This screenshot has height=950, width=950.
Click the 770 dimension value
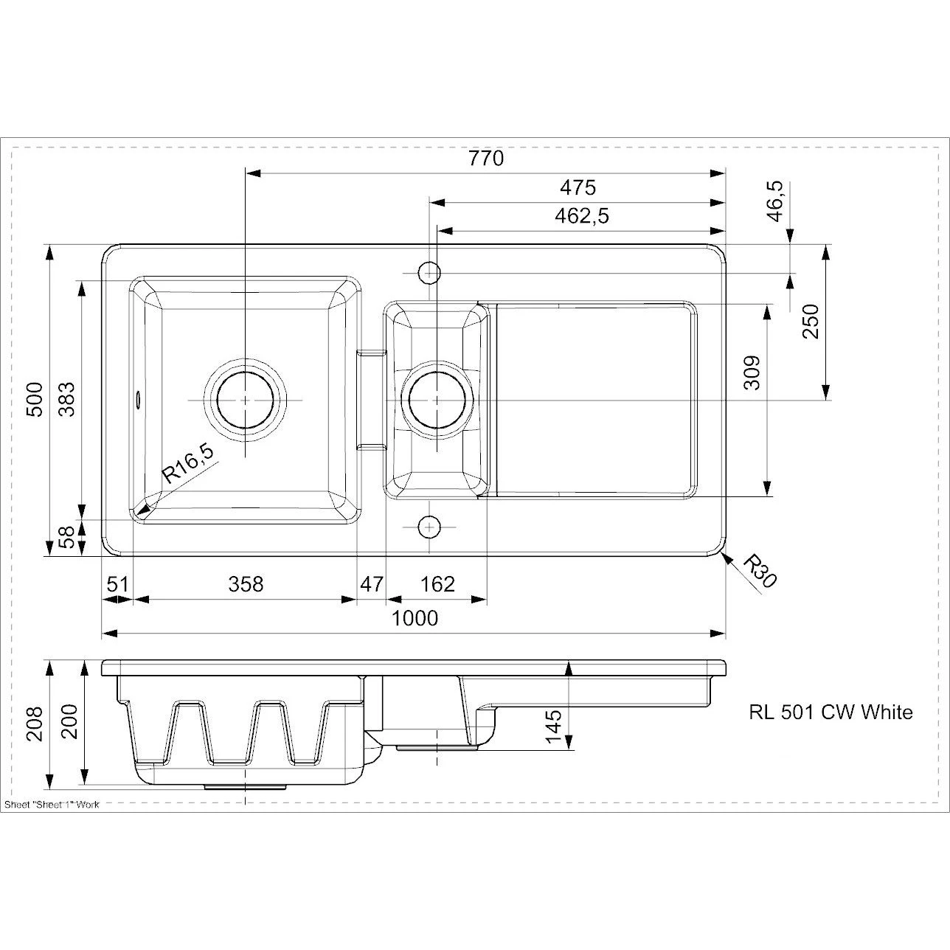point(485,159)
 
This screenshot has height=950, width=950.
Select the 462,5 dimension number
point(581,216)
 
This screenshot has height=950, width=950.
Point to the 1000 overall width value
point(414,618)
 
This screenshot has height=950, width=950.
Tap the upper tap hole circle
point(429,273)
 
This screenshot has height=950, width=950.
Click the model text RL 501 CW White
point(831,712)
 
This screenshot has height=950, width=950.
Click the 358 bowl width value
point(246,584)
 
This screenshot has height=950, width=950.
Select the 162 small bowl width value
point(437,584)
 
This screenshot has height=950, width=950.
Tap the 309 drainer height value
point(751,372)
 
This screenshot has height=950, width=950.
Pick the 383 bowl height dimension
point(66,399)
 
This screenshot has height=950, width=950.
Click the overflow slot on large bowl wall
point(137,399)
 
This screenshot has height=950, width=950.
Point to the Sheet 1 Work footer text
point(52,805)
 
